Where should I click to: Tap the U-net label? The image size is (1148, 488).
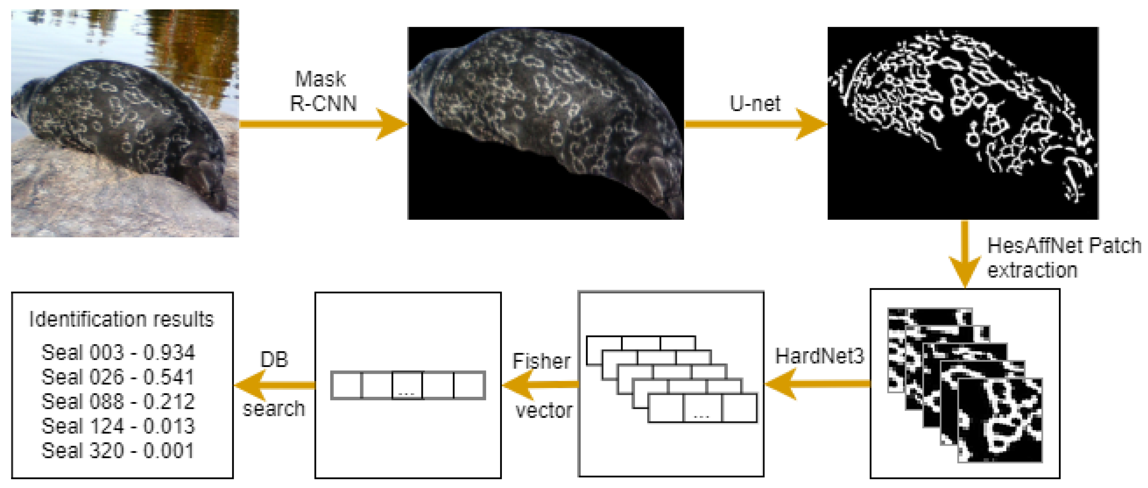[755, 103]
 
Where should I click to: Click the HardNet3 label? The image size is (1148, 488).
[819, 356]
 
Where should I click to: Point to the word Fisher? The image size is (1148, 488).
[541, 360]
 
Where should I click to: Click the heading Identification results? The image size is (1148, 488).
[121, 319]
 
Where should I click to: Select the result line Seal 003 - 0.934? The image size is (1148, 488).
[119, 352]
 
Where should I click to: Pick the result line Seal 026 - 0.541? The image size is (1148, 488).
[119, 377]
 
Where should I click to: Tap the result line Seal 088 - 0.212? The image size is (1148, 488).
[119, 401]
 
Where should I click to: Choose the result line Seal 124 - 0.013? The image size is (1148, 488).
[119, 426]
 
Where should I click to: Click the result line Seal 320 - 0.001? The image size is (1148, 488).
[119, 451]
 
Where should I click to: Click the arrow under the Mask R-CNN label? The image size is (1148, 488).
[323, 124]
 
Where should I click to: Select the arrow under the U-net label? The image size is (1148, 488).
[755, 124]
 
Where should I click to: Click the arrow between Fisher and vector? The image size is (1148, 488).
[540, 385]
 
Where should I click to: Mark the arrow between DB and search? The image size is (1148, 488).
[274, 385]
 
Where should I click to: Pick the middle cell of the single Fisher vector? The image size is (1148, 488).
[407, 385]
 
